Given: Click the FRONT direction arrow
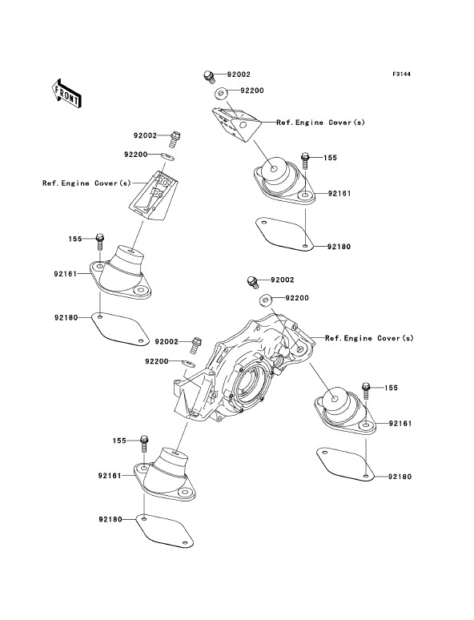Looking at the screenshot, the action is click(x=66, y=94).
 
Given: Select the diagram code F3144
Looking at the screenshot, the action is click(x=401, y=74).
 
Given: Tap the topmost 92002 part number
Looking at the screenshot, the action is click(x=239, y=74).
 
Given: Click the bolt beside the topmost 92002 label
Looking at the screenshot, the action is click(x=209, y=76).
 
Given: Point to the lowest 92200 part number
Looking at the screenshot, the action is click(x=157, y=361).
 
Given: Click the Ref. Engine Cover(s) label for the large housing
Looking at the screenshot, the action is click(x=369, y=338).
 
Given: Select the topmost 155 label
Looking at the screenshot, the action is click(x=330, y=158).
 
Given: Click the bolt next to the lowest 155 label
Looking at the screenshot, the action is click(x=144, y=443).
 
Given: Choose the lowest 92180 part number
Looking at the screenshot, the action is click(x=110, y=519).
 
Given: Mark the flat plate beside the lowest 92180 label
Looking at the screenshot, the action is click(x=164, y=530).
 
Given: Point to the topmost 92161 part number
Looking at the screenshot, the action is click(x=339, y=194).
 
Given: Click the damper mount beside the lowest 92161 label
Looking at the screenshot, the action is click(x=164, y=475).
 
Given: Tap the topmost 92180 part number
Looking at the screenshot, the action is click(x=339, y=247).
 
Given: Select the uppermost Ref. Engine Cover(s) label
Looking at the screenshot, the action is click(x=320, y=123).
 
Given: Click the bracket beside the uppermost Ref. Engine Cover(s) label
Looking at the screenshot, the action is click(x=236, y=124).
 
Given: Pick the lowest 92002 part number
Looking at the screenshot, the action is click(x=167, y=341).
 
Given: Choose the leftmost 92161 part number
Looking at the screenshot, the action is click(x=66, y=273).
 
